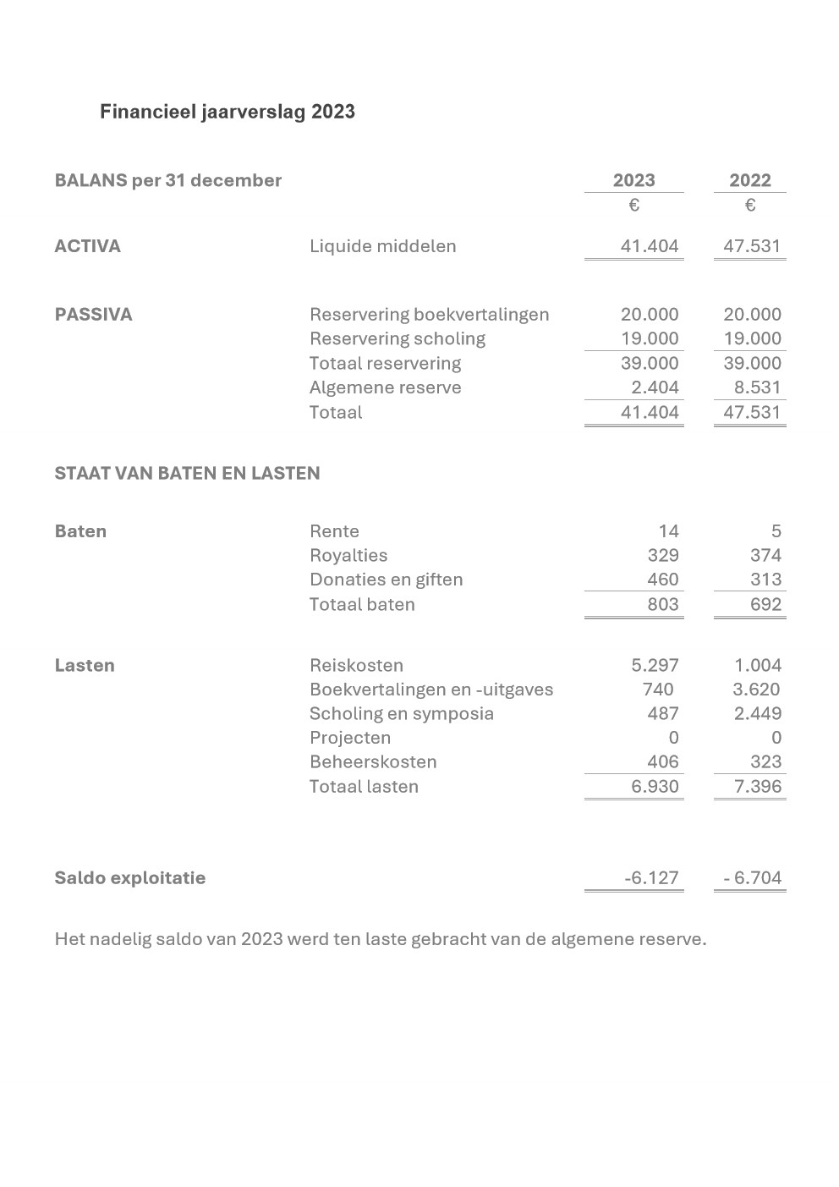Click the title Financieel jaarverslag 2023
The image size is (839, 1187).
(x=227, y=112)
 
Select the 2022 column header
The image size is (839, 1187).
(x=750, y=180)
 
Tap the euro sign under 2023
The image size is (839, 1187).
(x=633, y=206)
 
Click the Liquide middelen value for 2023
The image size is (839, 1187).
(x=650, y=246)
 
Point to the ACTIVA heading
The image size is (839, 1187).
(x=87, y=246)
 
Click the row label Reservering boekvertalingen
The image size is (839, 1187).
(x=429, y=315)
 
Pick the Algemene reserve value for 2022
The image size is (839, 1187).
(x=758, y=387)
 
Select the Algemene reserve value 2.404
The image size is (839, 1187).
(x=655, y=387)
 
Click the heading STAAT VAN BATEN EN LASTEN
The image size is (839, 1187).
(x=187, y=473)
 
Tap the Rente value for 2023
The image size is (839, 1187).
(x=668, y=531)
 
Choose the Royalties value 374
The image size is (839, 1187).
(x=765, y=555)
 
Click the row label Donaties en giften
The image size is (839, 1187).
(x=386, y=580)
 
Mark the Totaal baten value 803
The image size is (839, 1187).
(x=663, y=604)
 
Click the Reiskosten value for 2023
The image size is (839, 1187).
(x=655, y=665)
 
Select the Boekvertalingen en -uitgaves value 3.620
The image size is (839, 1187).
(x=756, y=690)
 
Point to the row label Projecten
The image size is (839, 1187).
(x=350, y=738)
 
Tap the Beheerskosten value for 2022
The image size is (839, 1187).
(x=765, y=761)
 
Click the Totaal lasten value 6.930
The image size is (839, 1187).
(x=655, y=786)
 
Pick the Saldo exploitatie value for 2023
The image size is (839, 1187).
(x=651, y=878)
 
